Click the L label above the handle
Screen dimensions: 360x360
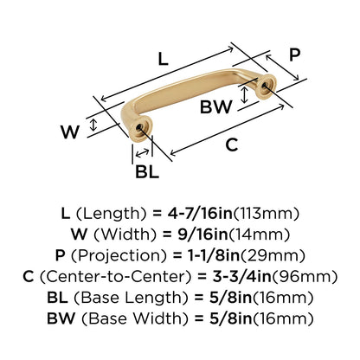[x=163, y=59]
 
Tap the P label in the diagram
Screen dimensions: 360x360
[x=294, y=55]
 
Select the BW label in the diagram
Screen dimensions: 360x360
[x=216, y=106]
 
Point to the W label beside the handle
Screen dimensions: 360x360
[x=70, y=132]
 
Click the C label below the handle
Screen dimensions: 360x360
[x=232, y=145]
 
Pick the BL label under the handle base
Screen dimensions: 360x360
[x=147, y=172]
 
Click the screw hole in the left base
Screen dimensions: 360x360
[x=139, y=128]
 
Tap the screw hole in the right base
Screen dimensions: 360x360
[x=265, y=86]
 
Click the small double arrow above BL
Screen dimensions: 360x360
[x=142, y=152]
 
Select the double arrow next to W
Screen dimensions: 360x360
[x=93, y=125]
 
